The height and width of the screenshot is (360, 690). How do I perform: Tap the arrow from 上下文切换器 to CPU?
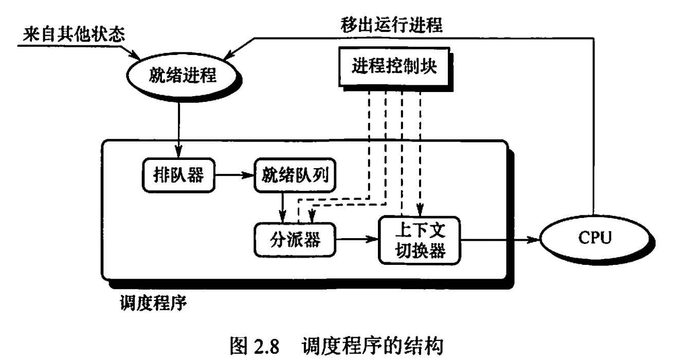click(499, 239)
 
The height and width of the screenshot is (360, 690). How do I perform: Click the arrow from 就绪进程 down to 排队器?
click(179, 129)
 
